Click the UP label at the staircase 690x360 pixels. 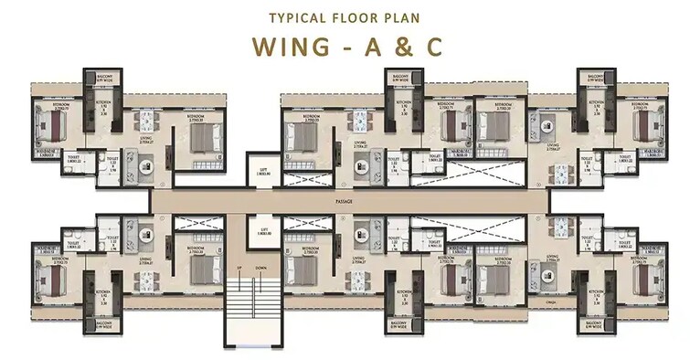click(x=239, y=267)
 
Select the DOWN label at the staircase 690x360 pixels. click(x=261, y=267)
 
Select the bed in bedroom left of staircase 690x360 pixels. click(x=205, y=269)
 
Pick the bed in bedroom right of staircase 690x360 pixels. click(x=303, y=269)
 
